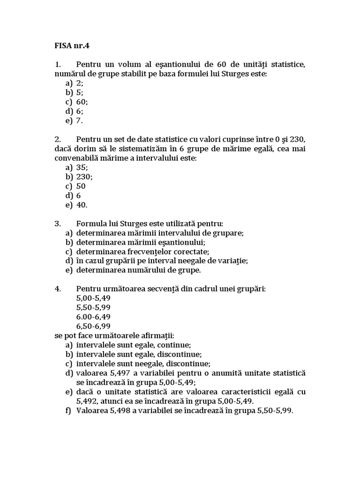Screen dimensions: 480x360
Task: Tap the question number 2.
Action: [x=58, y=139]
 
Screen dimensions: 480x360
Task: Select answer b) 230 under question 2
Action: [x=84, y=177]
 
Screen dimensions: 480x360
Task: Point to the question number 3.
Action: [x=58, y=224]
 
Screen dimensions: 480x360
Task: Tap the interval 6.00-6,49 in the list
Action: [x=93, y=317]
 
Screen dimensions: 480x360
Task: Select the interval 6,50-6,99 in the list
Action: [x=93, y=326]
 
